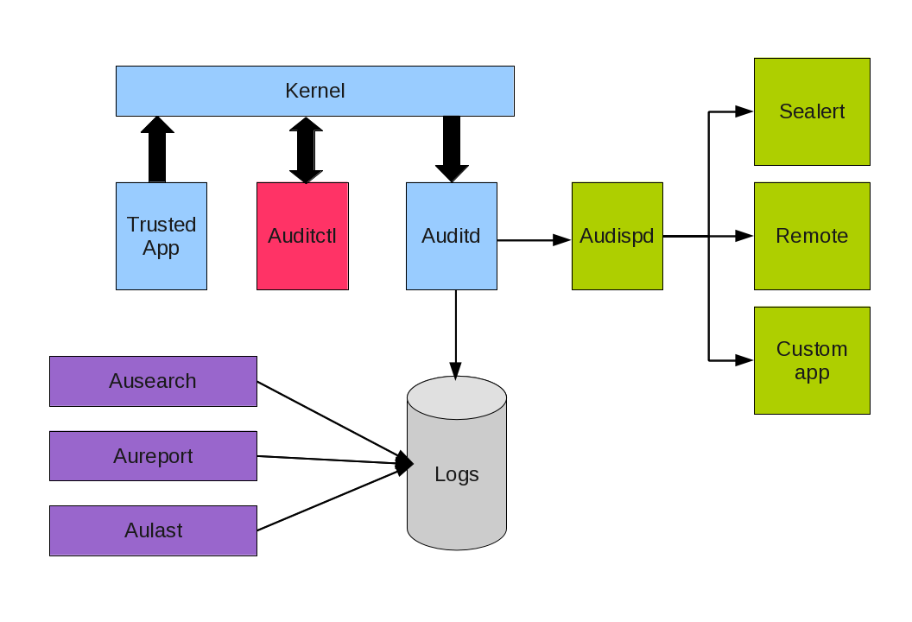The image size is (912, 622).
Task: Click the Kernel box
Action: click(315, 91)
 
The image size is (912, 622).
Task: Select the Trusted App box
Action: click(161, 236)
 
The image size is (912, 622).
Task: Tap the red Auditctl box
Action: click(302, 236)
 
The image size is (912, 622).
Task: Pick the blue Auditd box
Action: click(451, 236)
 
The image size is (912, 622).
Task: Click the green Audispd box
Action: click(617, 236)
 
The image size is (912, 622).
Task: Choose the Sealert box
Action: click(812, 111)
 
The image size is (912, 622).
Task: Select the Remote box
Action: click(812, 236)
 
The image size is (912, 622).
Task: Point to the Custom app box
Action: click(812, 360)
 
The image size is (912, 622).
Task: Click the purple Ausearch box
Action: click(153, 381)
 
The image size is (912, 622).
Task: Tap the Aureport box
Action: click(153, 455)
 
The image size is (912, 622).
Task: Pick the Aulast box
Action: click(153, 530)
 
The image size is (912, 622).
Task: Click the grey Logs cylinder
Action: click(456, 475)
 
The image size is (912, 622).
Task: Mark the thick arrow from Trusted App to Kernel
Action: click(157, 149)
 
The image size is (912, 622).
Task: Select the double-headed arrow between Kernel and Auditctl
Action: click(306, 149)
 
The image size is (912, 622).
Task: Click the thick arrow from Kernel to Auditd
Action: click(452, 149)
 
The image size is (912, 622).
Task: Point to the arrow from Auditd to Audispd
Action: click(534, 240)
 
